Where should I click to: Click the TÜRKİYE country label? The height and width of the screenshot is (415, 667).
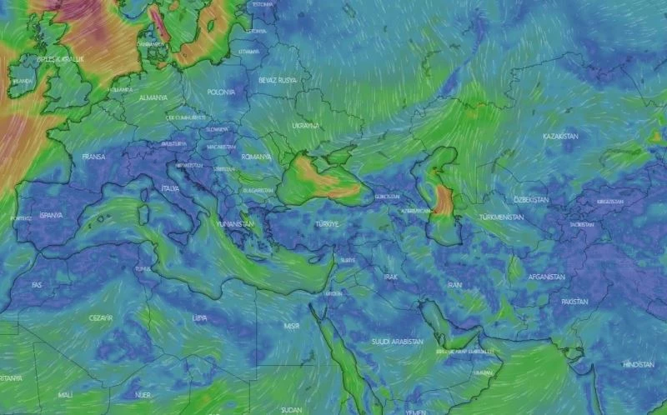(x=327, y=224)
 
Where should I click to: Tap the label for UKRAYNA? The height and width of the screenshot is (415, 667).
(x=305, y=125)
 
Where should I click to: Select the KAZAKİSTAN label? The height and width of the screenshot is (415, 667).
(x=560, y=135)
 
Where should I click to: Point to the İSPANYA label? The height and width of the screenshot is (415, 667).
(x=51, y=214)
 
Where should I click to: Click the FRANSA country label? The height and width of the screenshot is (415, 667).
(x=94, y=156)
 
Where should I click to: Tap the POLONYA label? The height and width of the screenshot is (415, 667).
(x=221, y=92)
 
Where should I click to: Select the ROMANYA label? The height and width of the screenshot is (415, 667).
(x=257, y=156)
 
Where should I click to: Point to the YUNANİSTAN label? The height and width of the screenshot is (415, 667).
(x=233, y=223)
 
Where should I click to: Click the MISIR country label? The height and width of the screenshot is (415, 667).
(x=292, y=325)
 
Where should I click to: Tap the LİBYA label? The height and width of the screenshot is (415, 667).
(x=199, y=317)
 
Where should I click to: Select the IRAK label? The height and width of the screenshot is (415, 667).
(x=391, y=276)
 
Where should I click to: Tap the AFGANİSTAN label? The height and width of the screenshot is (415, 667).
(x=546, y=277)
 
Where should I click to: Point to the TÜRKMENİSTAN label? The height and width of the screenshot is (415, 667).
(x=501, y=217)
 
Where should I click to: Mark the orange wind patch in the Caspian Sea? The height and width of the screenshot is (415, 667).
(x=444, y=200)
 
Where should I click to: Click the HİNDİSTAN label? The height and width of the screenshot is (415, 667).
(x=639, y=364)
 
